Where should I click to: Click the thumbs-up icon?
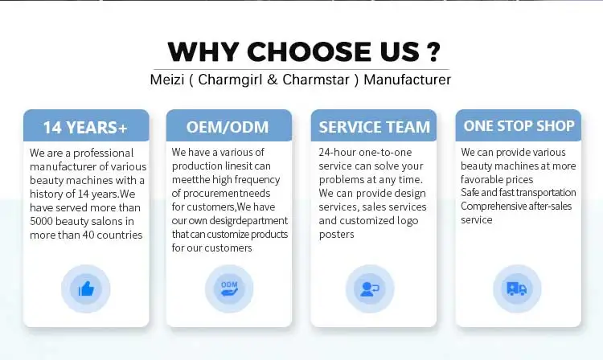pos(86,288)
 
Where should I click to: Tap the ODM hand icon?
pos(229,288)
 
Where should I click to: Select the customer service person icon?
pos(370,289)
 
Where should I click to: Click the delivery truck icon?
pos(516,288)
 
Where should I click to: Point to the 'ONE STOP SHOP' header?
pos(519,125)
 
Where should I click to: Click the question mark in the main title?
pos(433,51)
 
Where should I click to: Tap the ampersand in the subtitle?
pos(273,80)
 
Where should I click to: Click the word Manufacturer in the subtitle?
pos(408,80)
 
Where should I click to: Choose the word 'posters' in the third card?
pos(337,235)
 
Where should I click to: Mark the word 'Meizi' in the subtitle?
pos(167,80)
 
